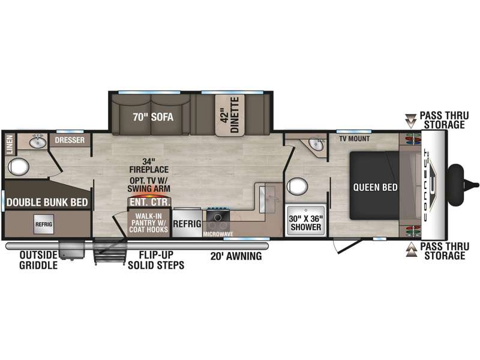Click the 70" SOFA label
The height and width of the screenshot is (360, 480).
coord(153,117)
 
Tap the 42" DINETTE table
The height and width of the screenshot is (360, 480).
coord(230,115)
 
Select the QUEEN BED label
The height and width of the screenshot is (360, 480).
coord(376,187)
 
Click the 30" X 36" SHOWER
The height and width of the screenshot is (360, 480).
coord(305,220)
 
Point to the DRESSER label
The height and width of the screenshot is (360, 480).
coord(70,140)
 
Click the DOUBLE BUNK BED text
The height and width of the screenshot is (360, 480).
coord(47,202)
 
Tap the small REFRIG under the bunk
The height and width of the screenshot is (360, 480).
coord(44,224)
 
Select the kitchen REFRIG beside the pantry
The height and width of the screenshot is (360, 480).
coord(187,223)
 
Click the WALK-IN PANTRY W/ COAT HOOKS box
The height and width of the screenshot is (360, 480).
coord(148,223)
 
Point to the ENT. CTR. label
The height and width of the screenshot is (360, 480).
coord(149,202)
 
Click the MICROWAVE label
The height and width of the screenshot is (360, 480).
coord(218,234)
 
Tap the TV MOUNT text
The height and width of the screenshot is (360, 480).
coord(354,139)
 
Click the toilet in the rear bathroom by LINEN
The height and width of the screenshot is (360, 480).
coord(19,167)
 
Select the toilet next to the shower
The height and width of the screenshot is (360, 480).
coord(297,187)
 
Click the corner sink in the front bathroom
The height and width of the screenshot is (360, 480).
coord(316,145)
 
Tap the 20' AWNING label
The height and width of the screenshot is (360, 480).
coord(236,256)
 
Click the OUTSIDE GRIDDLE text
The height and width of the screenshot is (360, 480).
coord(38,260)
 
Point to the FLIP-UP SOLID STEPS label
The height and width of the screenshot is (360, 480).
coord(156,260)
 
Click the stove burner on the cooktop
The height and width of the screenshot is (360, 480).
coord(218,217)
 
